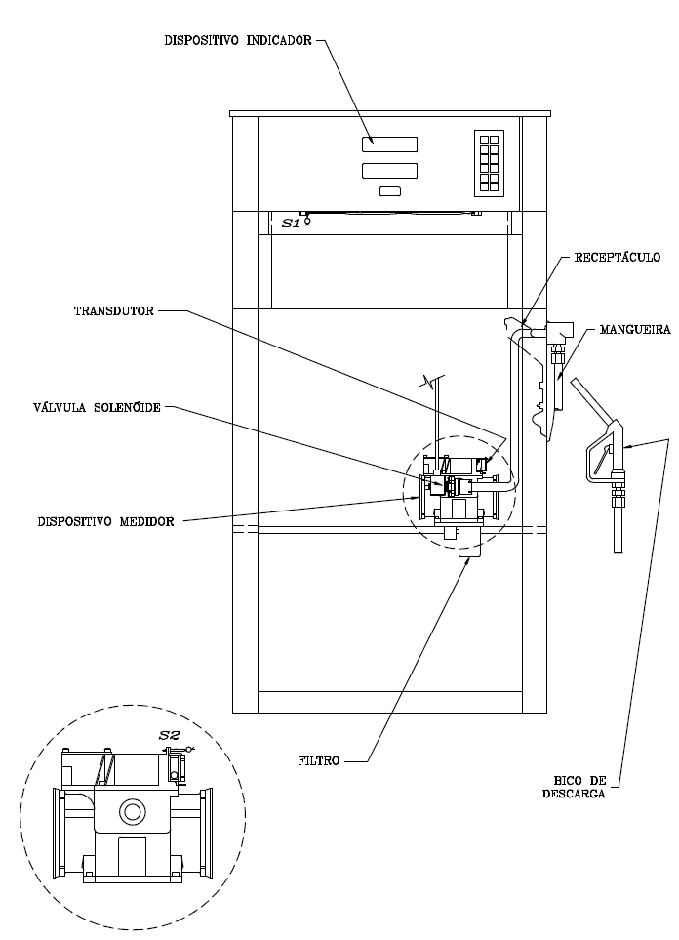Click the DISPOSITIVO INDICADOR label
pyautogui.click(x=238, y=41)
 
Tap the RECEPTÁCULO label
pyautogui.click(x=618, y=257)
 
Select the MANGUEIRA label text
pyautogui.click(x=635, y=330)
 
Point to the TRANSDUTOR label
pyautogui.click(x=114, y=311)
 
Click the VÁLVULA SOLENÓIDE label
pyautogui.click(x=98, y=408)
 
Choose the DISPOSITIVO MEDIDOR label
pyautogui.click(x=106, y=521)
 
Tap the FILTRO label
pyautogui.click(x=319, y=761)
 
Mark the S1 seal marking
pyautogui.click(x=291, y=224)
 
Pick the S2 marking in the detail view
pyautogui.click(x=169, y=736)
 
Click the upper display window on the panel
pyautogui.click(x=389, y=144)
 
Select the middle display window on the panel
pyautogui.click(x=389, y=171)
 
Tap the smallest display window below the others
pyautogui.click(x=390, y=191)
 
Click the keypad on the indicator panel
pyautogui.click(x=489, y=163)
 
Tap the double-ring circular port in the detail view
pyautogui.click(x=132, y=812)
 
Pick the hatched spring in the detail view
pyautogui.click(x=104, y=768)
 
